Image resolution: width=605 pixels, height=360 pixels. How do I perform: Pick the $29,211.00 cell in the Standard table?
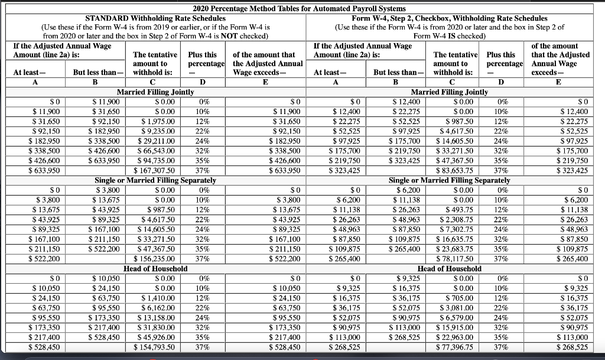156,142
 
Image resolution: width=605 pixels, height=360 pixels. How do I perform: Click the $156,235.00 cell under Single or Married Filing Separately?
156,258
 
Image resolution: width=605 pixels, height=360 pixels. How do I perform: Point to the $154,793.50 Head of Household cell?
156,346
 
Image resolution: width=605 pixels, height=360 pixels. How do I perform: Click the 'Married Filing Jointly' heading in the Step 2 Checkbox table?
453,92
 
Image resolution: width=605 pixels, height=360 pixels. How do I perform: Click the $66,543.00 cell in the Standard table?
156,152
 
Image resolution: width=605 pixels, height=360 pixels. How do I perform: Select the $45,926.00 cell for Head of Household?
156,336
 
